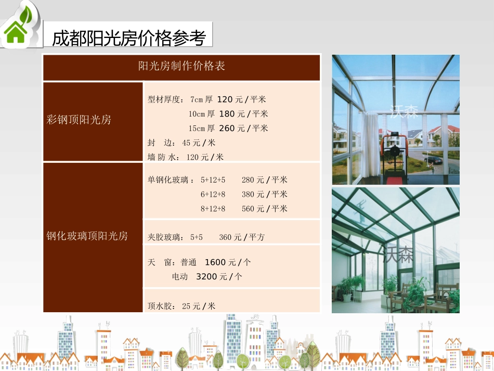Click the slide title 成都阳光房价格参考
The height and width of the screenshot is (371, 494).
point(129,37)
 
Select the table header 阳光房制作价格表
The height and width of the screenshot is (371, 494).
point(181,67)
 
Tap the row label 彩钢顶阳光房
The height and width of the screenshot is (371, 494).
point(79,120)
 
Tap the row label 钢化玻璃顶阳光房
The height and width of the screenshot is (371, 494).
point(87,236)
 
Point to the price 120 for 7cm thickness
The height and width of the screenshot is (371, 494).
point(226,99)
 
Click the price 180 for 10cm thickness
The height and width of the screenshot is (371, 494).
point(227,114)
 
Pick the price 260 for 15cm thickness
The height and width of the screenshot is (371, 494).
point(227,128)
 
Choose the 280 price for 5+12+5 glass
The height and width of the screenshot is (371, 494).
point(249,180)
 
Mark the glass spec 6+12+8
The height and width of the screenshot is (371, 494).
point(213,195)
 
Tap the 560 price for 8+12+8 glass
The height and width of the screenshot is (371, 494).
point(249,209)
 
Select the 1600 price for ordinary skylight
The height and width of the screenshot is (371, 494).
point(215,262)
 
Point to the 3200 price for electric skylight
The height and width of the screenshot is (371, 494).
point(206,277)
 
